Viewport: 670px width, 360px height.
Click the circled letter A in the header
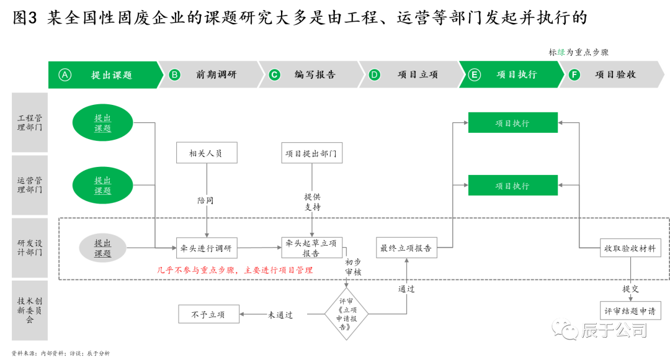pos(65,74)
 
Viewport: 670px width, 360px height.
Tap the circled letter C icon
pos(274,74)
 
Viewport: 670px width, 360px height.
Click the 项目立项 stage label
pos(418,74)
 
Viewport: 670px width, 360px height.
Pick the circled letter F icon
pos(574,74)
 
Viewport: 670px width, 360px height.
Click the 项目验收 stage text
pos(615,74)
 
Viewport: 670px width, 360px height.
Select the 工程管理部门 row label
pos(30,122)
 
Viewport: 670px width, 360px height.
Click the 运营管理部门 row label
pos(30,185)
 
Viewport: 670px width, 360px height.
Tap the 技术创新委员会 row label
pos(30,310)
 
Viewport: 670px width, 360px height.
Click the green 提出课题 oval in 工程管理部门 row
pos(102,123)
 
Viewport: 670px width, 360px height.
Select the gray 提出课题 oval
pos(102,248)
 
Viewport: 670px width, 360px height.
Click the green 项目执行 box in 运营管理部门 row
pos(512,185)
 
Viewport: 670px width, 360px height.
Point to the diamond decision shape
pos(346,313)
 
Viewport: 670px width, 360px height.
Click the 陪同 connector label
pos(208,200)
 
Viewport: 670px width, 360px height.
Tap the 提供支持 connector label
pos(312,201)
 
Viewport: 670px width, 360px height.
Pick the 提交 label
pos(630,288)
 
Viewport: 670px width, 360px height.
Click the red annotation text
pos(234,270)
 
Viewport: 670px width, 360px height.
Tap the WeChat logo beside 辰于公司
pos(565,328)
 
